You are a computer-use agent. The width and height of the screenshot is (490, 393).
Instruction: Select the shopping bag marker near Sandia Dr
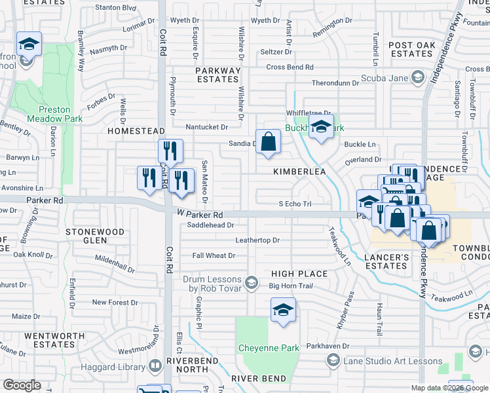point(269,142)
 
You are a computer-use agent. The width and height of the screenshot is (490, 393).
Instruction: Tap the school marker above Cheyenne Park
point(283,311)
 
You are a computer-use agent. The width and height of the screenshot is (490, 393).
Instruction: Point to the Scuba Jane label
point(384,79)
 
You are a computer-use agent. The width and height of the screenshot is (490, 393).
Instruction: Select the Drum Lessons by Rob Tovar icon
point(250,283)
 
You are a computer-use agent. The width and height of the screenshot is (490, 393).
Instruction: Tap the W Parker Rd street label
point(200,215)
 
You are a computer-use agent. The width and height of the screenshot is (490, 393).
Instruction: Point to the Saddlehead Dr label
point(210,225)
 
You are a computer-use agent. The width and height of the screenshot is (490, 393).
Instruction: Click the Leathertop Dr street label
point(257,240)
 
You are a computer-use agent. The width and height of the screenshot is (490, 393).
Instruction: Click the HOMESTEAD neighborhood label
point(135,131)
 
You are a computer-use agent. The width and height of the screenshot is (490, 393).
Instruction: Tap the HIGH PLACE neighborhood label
point(299,273)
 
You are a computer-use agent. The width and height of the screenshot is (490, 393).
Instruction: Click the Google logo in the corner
point(22,385)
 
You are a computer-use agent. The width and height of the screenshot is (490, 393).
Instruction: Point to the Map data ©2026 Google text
point(449,388)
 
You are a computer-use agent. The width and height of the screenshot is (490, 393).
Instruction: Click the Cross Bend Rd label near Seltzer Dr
point(290,67)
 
